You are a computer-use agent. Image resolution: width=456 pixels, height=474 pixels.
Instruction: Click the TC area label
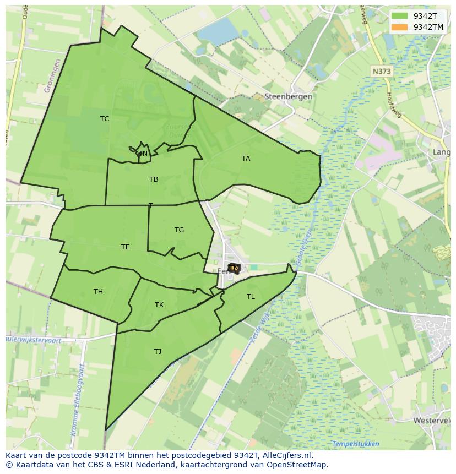tap(105, 119)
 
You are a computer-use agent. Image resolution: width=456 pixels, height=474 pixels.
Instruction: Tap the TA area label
tap(246, 159)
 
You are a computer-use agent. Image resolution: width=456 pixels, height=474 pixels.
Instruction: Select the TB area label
tap(154, 179)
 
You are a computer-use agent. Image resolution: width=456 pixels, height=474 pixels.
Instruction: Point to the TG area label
tap(179, 230)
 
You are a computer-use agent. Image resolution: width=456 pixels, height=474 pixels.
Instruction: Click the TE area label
tap(126, 247)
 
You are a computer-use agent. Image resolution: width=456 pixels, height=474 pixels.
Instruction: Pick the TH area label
tap(98, 292)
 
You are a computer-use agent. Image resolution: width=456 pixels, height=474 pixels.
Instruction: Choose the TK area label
tap(159, 305)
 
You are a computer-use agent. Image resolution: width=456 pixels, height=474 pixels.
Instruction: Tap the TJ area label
tap(158, 352)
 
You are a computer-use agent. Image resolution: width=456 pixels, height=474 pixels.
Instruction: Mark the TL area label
tap(251, 297)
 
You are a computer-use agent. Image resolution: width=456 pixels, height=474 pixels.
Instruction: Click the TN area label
tap(143, 154)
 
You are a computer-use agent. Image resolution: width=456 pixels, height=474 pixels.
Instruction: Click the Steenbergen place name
tap(289, 96)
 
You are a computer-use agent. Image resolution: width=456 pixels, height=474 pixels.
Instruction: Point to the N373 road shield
tap(381, 72)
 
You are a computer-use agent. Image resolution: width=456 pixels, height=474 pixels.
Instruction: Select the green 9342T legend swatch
tap(400, 15)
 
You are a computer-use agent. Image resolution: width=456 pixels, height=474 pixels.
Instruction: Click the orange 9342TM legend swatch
tap(400, 27)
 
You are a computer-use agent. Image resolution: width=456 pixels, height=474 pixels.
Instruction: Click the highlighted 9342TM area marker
tap(234, 268)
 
